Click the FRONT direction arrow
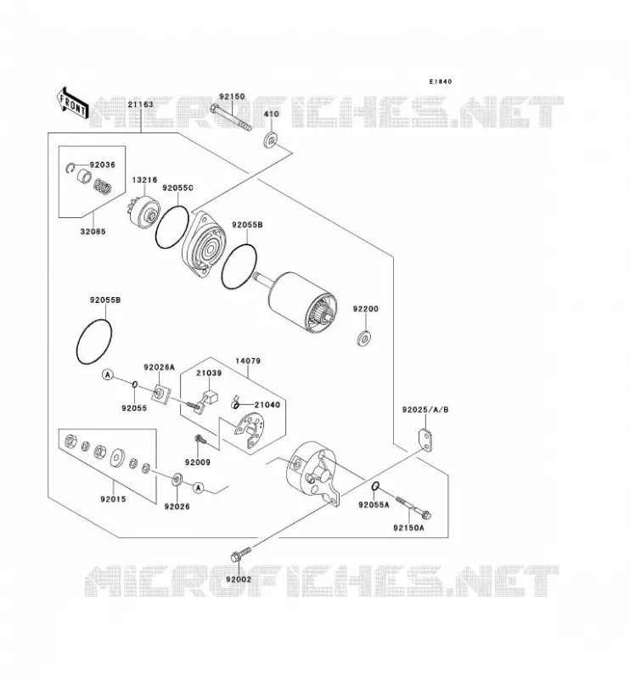[x=72, y=104]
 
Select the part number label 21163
[x=140, y=104]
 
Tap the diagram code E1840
[x=440, y=81]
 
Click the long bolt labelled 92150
[x=230, y=117]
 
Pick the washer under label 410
[x=271, y=140]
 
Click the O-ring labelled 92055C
[x=172, y=227]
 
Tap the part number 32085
[x=93, y=231]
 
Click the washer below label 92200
[x=364, y=338]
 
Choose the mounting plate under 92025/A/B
[x=426, y=441]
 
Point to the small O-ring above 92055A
[x=376, y=485]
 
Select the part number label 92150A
[x=408, y=528]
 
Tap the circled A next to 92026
[x=199, y=487]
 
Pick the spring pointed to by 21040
[x=235, y=403]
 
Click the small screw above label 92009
[x=200, y=441]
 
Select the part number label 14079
[x=248, y=361]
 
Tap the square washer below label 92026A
[x=160, y=394]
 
